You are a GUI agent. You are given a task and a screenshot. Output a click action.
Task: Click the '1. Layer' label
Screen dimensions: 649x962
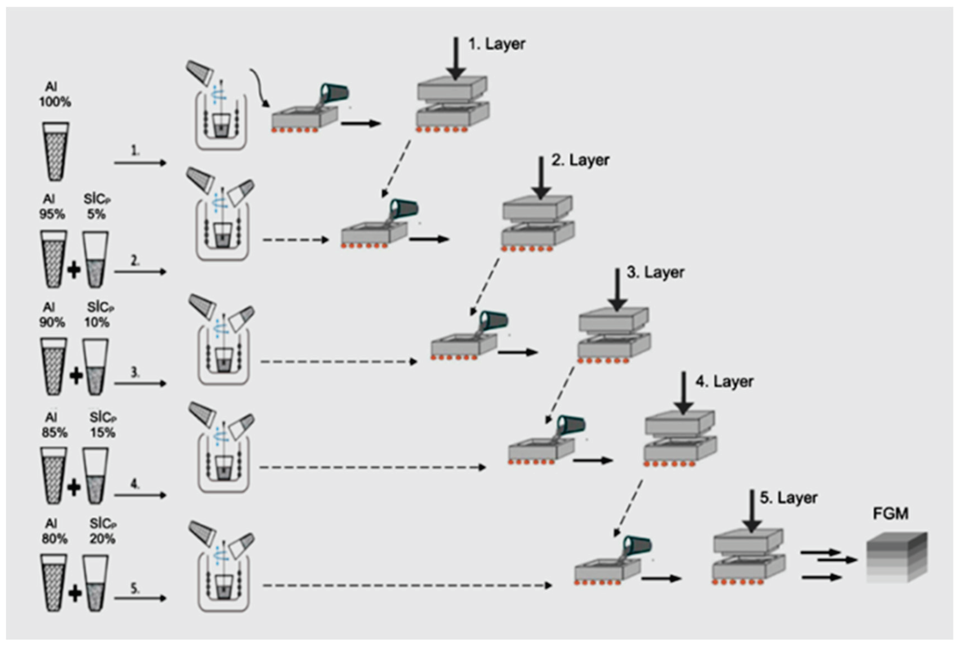coord(497,44)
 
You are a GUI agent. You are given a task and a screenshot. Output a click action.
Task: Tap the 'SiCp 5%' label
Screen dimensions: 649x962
coord(97,207)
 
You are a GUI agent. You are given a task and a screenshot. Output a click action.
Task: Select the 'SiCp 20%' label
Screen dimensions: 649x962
coord(103,531)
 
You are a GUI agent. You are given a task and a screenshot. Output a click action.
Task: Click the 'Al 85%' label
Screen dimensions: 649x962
coord(54,425)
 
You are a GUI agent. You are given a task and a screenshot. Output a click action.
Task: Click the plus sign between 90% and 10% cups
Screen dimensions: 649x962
coord(75,376)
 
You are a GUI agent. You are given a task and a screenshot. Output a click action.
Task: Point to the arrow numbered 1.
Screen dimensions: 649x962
coord(140,163)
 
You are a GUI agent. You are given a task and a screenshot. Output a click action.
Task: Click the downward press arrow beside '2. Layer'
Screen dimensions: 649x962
coord(541,178)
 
